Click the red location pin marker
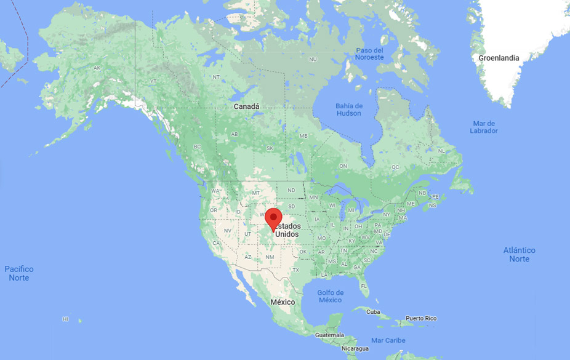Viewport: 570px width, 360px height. (273, 218)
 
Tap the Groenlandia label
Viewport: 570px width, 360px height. (499, 58)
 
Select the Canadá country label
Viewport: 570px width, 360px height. (246, 106)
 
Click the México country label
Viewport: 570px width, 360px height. (283, 302)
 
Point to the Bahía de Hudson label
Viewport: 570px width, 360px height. (349, 110)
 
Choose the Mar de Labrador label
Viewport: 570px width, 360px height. (484, 127)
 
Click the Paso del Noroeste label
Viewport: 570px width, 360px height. (369, 54)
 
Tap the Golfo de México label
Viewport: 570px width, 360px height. (331, 296)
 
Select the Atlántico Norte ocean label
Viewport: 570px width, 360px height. (519, 254)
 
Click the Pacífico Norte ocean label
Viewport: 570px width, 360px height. (19, 273)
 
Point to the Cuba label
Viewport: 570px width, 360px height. (373, 312)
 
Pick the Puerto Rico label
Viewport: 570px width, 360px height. (421, 318)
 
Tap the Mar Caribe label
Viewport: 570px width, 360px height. (388, 340)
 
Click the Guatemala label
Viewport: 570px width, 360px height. (329, 335)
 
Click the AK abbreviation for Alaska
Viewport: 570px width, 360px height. (97, 68)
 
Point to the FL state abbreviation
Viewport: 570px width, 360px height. (364, 286)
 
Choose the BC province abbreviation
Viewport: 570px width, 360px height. (197, 146)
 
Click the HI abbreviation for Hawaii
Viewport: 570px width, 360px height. (65, 319)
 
